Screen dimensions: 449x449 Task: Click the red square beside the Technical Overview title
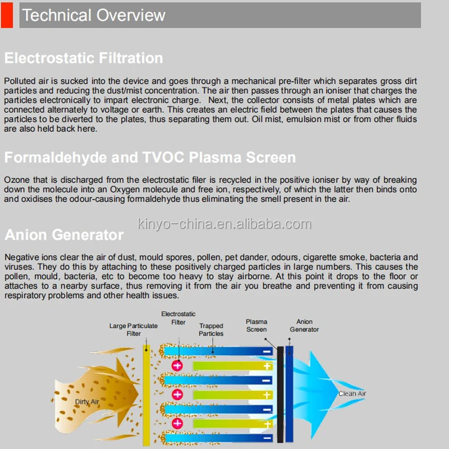point(7,15)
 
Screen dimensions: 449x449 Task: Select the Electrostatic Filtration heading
point(84,58)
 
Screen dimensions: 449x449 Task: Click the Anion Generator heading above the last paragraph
point(64,234)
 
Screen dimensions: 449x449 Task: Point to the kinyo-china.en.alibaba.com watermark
point(224,224)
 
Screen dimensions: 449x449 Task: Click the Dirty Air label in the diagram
point(87,402)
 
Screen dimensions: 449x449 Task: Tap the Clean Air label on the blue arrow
point(352,394)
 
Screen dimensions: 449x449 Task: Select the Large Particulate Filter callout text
point(133,329)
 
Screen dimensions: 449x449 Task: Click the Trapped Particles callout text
point(211,329)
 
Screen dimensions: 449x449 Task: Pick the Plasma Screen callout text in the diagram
point(256,326)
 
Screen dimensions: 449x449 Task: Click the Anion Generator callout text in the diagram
point(304,326)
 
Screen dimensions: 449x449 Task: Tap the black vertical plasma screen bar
point(280,396)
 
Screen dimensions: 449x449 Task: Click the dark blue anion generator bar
point(289,396)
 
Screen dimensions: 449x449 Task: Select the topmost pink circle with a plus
point(177,365)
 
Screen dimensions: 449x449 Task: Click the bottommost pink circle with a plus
point(177,423)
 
